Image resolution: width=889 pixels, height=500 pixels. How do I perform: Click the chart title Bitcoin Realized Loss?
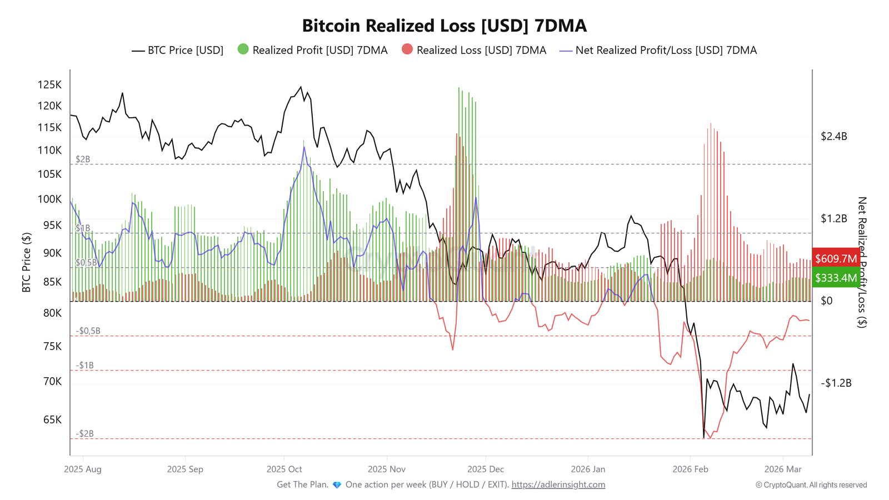tap(444, 26)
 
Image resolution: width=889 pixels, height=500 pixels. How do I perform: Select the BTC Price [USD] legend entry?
tap(178, 51)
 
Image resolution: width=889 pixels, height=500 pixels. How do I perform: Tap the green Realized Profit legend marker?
tap(243, 49)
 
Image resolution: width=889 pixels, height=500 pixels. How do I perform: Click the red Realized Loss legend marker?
tap(407, 49)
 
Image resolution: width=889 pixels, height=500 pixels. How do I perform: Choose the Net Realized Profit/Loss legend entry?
tap(658, 51)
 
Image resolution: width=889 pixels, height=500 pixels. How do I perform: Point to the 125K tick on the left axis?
tap(49, 85)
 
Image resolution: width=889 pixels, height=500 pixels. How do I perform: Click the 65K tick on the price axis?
tap(52, 420)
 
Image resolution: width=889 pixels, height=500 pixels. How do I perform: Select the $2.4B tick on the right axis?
tap(833, 137)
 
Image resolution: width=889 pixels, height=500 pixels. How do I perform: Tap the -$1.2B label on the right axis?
tap(836, 383)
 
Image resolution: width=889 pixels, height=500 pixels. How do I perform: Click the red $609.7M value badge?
tap(836, 259)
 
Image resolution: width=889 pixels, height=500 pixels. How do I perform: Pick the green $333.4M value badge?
tap(836, 278)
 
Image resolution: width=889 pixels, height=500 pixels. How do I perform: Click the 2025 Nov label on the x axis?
tap(386, 469)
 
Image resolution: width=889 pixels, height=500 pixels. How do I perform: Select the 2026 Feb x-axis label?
tap(690, 469)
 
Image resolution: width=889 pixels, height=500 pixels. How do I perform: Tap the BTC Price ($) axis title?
tap(26, 262)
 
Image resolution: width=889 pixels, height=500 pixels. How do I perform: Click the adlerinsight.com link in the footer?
tap(558, 485)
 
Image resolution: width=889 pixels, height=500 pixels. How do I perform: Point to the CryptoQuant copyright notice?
tap(811, 485)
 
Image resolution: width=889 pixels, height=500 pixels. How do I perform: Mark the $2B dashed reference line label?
tap(83, 159)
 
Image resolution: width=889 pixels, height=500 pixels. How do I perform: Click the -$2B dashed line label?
tap(84, 434)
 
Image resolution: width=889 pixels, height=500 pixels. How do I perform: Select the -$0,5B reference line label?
tap(88, 331)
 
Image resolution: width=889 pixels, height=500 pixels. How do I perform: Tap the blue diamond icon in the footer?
tap(337, 485)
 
